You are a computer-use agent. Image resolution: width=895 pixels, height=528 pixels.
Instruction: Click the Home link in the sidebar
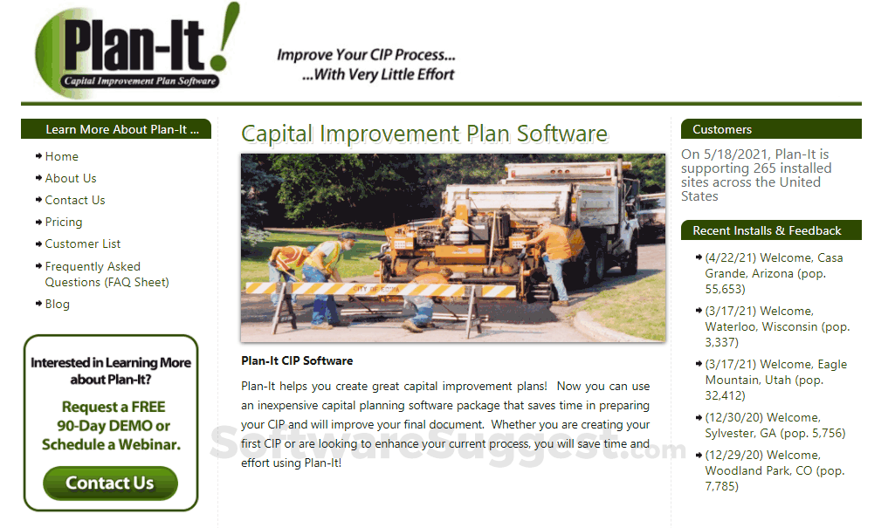coord(61,156)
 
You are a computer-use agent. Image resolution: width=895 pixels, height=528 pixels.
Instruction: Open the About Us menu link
coord(71,178)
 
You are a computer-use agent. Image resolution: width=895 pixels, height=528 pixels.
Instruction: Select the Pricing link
coord(64,222)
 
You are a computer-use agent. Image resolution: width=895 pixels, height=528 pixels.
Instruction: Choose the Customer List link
coord(83,243)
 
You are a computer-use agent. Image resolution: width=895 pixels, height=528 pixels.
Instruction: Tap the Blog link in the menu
coord(58,304)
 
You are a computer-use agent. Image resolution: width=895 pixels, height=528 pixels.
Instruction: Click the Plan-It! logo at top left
coord(135,51)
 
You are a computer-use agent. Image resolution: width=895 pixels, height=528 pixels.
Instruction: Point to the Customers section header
coord(722,129)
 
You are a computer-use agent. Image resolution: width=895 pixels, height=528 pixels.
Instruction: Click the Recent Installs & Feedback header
coord(767,230)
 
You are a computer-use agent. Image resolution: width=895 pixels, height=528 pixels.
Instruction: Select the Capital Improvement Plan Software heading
coord(424,134)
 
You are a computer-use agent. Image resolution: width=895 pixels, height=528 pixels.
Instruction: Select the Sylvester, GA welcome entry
coord(775,425)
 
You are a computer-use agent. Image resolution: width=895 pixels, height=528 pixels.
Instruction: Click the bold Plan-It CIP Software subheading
coord(297,360)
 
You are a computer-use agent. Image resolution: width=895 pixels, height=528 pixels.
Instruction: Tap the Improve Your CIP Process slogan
coord(366,65)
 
